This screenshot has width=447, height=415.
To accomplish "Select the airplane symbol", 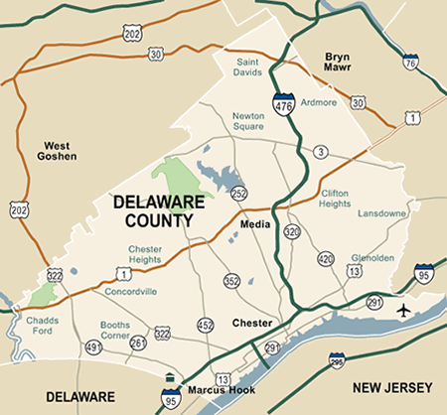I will [x=403, y=312].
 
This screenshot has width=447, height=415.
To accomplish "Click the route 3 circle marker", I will [x=320, y=151].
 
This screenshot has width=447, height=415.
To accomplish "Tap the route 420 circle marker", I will [x=325, y=259].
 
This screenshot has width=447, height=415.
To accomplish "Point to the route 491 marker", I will [x=94, y=346].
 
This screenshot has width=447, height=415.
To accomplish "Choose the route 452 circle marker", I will [x=206, y=324].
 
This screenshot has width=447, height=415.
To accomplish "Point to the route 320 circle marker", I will [x=292, y=231].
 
